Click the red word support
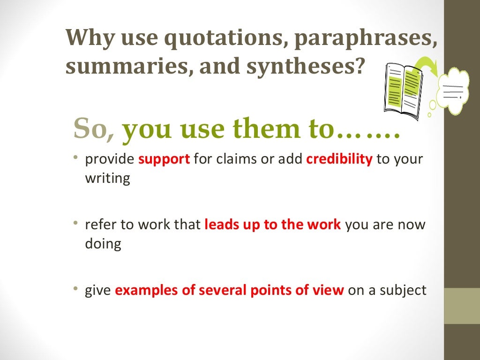tap(164, 159)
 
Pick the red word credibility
tap(339, 159)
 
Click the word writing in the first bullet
tap(107, 179)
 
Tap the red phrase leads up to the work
tap(273, 225)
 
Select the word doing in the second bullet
tap(103, 244)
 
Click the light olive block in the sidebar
tap(462, 306)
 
